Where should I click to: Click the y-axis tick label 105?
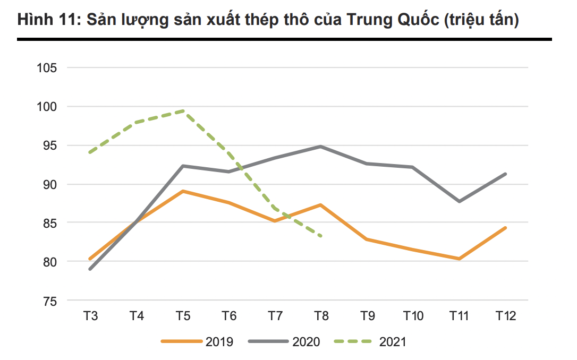pos(47,68)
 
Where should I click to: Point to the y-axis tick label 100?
pos(47,107)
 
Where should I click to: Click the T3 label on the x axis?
pos(90,316)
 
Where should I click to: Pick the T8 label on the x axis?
pos(321,316)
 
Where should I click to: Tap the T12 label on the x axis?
pos(506,316)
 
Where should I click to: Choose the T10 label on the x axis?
pos(413,316)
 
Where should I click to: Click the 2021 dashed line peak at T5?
pos(183,111)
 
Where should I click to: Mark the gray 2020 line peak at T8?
pos(321,146)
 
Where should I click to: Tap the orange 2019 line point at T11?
pos(459,259)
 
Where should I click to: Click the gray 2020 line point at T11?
pos(459,201)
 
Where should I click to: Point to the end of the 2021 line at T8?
pos(321,236)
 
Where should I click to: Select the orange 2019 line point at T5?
pos(183,191)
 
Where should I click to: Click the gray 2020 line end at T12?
pos(505,174)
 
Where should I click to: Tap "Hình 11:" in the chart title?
pos(47,20)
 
